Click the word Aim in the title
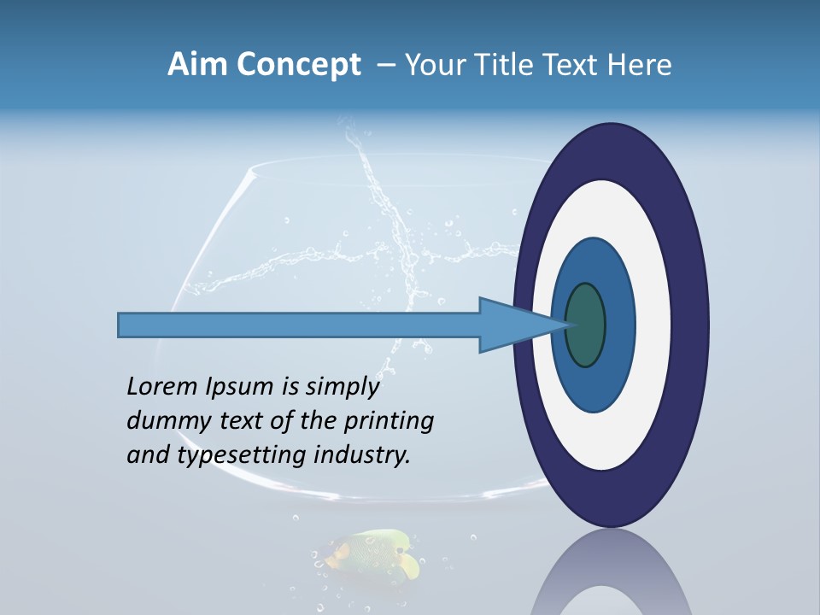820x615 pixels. [x=193, y=65]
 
